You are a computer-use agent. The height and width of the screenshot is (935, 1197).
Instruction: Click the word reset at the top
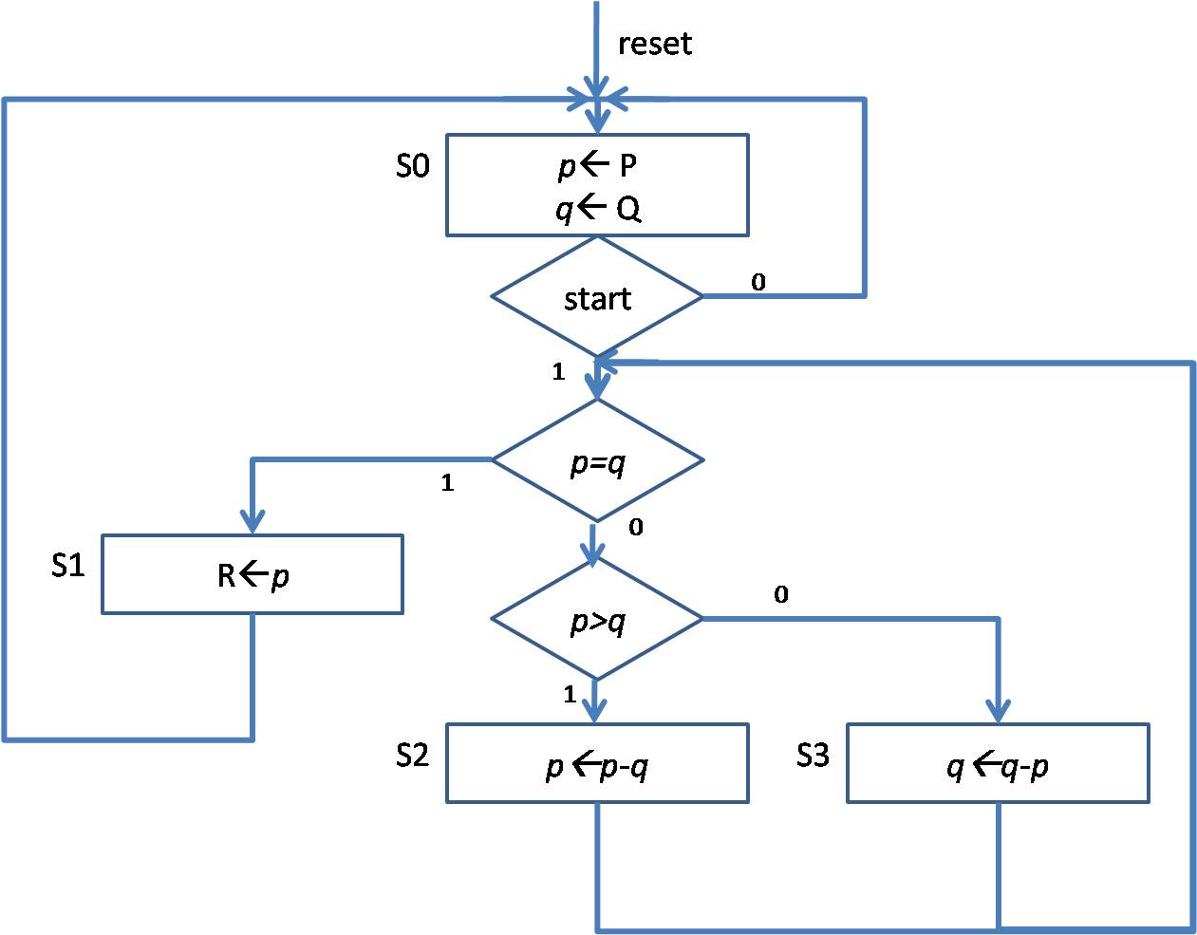click(x=654, y=44)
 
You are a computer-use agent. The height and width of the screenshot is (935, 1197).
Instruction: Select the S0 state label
click(x=413, y=167)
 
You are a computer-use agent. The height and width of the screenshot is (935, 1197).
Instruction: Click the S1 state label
click(x=68, y=567)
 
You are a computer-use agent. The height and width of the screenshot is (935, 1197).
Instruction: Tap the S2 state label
click(x=413, y=756)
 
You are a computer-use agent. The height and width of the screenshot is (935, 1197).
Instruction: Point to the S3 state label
click(x=813, y=756)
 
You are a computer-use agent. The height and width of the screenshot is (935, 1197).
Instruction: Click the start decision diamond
click(x=597, y=298)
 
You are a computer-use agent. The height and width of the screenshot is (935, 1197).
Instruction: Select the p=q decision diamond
click(x=597, y=461)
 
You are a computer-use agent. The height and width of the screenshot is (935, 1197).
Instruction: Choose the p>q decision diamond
click(x=597, y=620)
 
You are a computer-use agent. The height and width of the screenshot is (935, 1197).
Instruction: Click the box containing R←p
click(x=252, y=574)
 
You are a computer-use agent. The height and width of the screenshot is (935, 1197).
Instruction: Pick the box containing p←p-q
click(x=597, y=764)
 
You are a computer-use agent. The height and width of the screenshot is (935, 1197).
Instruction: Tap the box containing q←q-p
click(x=998, y=764)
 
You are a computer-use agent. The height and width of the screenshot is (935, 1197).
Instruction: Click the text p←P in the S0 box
click(x=597, y=166)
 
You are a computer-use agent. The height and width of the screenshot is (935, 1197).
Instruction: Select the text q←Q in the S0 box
click(x=598, y=209)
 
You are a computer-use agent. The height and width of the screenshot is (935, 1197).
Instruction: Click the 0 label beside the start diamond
click(x=758, y=282)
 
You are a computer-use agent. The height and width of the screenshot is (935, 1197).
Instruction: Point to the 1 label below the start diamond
click(x=559, y=372)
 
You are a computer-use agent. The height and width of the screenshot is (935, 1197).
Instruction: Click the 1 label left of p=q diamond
click(x=447, y=483)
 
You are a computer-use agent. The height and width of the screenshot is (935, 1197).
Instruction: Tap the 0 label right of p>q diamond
click(x=780, y=595)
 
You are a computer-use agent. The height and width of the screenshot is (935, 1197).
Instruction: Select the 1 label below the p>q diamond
click(x=570, y=695)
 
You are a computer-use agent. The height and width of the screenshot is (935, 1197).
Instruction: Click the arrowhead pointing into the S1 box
click(x=252, y=523)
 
